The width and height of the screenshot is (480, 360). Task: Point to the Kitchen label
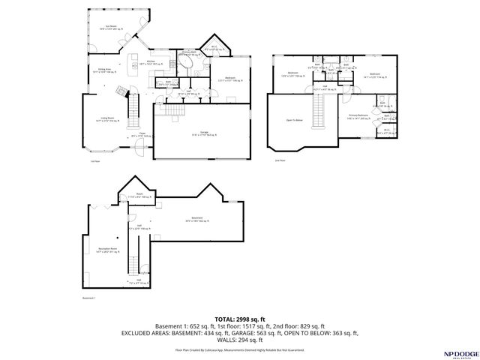(151, 62)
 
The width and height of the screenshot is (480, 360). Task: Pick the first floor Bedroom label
(229, 78)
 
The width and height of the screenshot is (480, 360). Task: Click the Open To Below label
(294, 119)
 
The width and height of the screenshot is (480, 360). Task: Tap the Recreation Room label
(107, 249)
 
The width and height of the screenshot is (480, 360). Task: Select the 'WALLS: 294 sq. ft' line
(240, 341)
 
